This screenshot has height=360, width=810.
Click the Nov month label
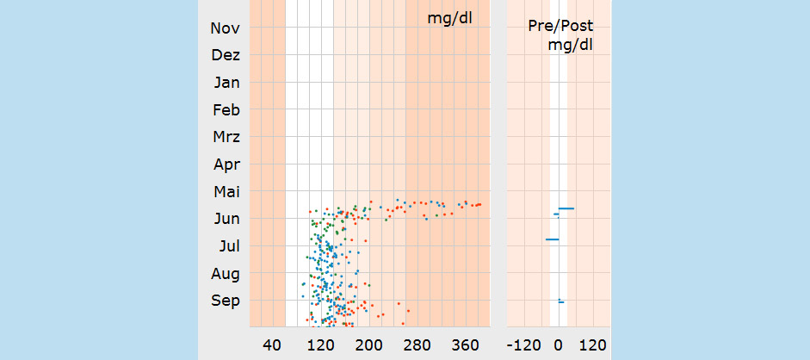(x=225, y=28)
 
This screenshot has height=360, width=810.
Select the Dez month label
(x=225, y=56)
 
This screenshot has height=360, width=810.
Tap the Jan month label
(x=226, y=84)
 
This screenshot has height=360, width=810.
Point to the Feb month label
(x=226, y=110)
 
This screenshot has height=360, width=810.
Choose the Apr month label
(x=226, y=164)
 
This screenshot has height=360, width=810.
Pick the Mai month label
(x=226, y=192)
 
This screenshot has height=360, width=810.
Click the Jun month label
(x=226, y=220)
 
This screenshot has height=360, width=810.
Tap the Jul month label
(x=229, y=246)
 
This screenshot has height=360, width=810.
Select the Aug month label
(x=226, y=274)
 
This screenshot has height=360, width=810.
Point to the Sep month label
(x=226, y=301)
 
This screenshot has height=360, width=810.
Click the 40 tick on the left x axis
(x=272, y=345)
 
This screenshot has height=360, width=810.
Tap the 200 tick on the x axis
(x=368, y=345)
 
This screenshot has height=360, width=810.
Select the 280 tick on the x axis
(x=417, y=345)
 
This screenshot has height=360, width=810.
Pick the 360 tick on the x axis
(x=465, y=345)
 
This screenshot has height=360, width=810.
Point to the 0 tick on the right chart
(x=558, y=345)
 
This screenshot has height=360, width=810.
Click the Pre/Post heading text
(x=560, y=26)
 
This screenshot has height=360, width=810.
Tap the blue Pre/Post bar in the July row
(x=553, y=239)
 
